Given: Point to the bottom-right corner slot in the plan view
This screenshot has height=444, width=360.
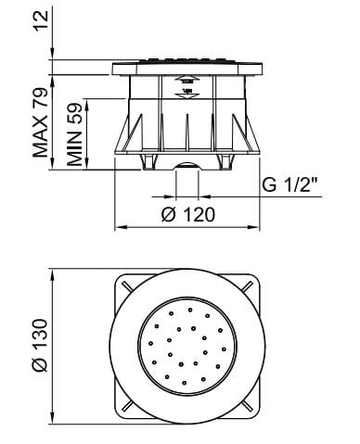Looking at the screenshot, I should point(249,408).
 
